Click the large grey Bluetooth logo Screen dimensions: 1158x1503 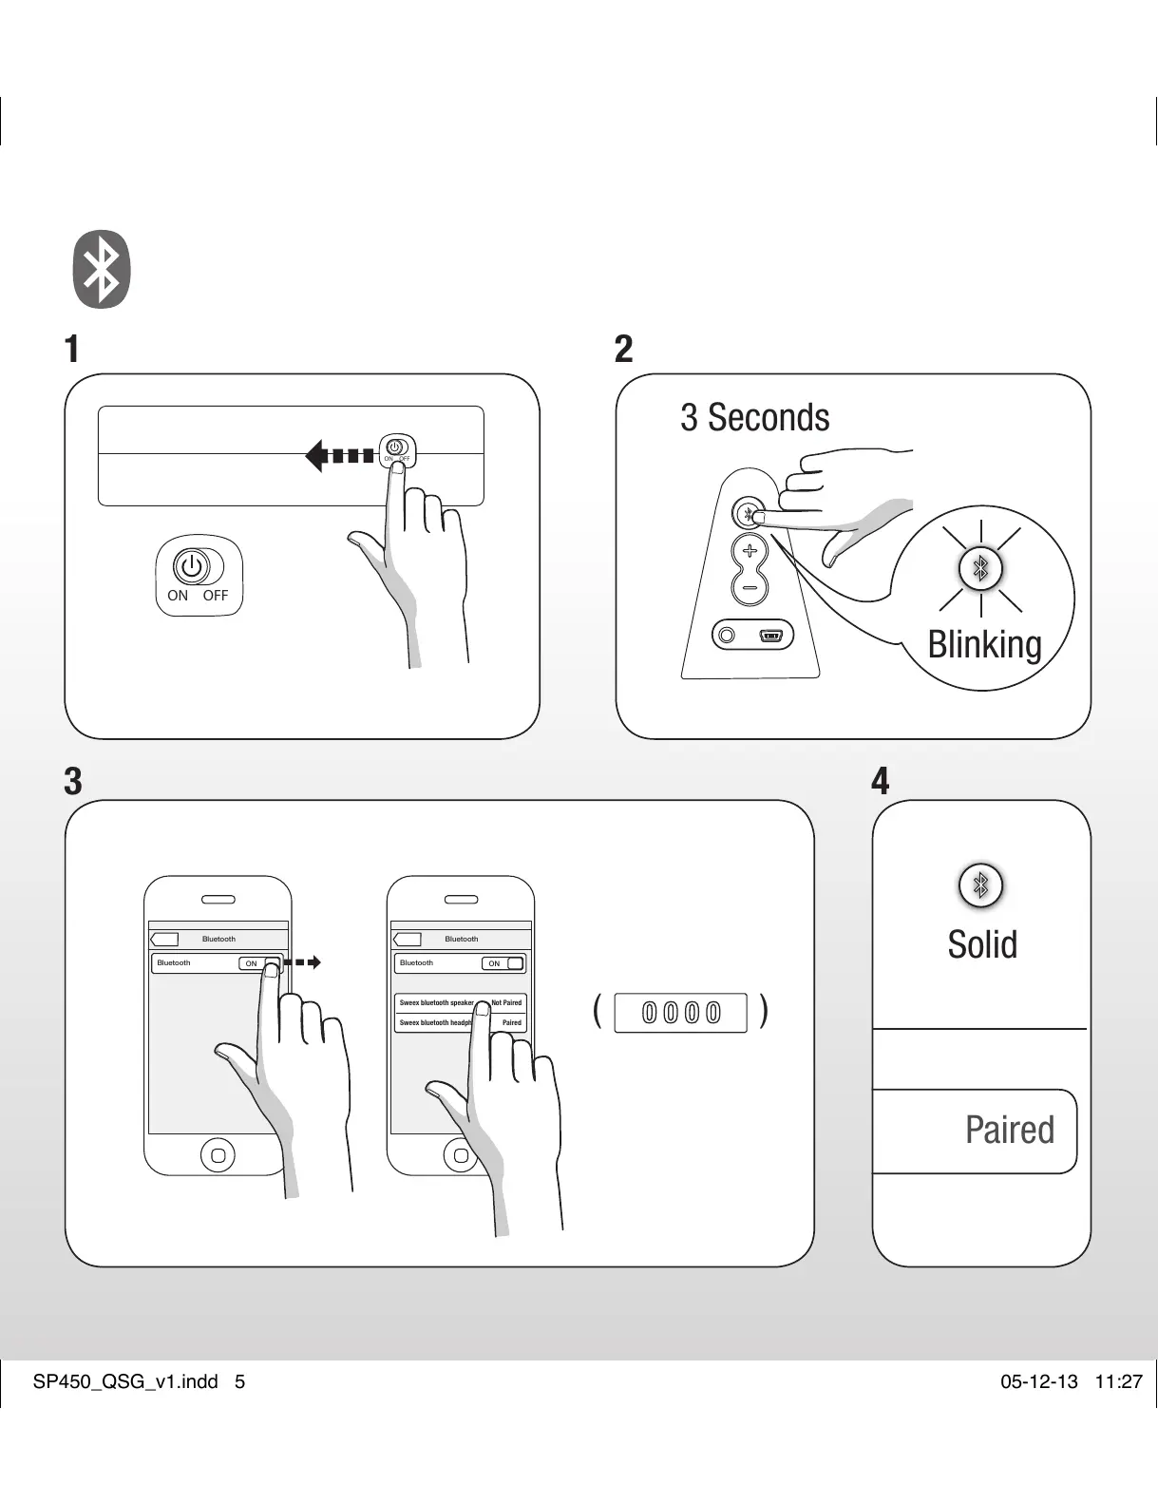102,269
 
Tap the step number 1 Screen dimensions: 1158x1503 71,350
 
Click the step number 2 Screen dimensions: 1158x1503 623,350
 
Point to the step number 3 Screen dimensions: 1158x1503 72,782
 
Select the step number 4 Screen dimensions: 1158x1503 881,782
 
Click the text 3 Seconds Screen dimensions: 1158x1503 754,418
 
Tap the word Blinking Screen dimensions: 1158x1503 984,644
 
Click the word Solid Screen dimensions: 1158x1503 982,944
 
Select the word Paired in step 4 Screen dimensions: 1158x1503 1009,1131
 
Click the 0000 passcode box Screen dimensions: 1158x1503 681,1013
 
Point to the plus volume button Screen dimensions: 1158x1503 750,551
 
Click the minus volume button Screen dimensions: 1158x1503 750,588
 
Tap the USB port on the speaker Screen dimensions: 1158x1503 770,635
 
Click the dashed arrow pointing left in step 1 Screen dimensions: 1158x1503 339,456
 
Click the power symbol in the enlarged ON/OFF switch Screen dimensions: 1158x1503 191,566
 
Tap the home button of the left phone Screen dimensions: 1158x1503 218,1155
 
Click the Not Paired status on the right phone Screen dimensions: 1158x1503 506,1002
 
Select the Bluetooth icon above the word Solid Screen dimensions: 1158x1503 981,885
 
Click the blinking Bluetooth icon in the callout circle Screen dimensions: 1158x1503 981,569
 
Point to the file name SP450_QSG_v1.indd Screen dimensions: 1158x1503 125,1381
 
